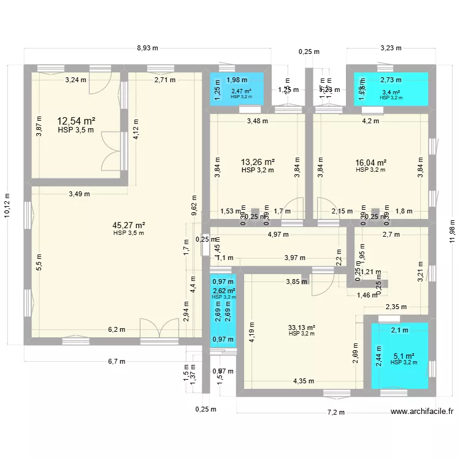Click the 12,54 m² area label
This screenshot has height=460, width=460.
click(x=76, y=121)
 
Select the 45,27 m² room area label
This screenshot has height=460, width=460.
click(x=128, y=225)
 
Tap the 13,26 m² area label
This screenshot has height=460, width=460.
click(x=257, y=163)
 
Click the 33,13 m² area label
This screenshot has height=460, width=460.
click(x=302, y=328)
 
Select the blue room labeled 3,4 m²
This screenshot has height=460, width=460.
click(x=391, y=92)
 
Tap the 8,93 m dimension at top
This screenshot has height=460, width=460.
click(x=147, y=47)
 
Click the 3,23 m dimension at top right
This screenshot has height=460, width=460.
click(x=391, y=47)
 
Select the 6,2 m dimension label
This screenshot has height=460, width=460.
click(x=117, y=329)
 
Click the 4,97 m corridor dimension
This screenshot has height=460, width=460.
click(x=278, y=234)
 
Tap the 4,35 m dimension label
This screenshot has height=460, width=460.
click(x=303, y=381)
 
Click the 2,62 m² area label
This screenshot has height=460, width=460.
click(x=223, y=291)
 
